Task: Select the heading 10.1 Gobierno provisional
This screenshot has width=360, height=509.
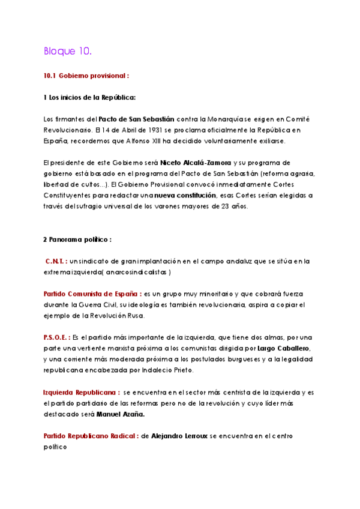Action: click(86, 76)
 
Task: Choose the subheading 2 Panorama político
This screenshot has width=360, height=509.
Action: click(77, 239)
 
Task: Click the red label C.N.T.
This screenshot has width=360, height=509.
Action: click(56, 261)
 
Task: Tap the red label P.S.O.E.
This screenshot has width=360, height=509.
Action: click(56, 337)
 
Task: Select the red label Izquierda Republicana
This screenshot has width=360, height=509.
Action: click(80, 392)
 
